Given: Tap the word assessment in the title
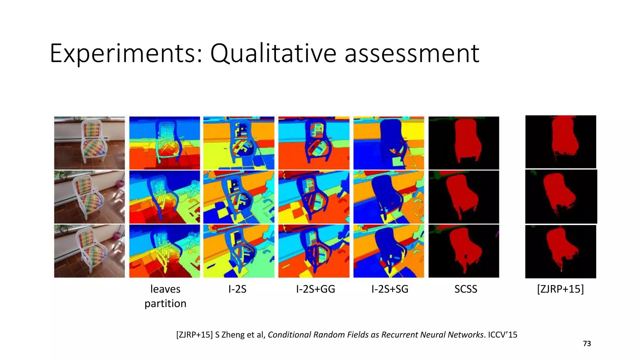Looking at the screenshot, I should pos(412,54).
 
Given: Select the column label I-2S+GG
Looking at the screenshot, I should pos(315,289).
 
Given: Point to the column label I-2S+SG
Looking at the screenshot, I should pos(390,289).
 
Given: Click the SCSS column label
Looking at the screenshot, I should pos(466,289).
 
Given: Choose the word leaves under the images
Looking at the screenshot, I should pos(165,289).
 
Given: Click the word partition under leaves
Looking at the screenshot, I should pos(165,303).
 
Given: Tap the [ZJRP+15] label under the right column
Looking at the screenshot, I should pos(560,289).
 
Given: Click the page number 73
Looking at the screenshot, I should pos(587,344).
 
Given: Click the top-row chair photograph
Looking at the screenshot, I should pos(89,143).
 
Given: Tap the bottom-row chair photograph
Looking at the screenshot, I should pos(89,251).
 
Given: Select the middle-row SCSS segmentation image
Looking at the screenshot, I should pos(464,197).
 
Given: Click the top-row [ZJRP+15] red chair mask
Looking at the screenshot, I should pos(561,142).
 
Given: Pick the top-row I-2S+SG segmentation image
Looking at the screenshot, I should pos(389,143).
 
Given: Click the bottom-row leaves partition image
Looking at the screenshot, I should pos(165,251).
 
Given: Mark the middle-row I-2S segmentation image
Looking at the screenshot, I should pos(239,197).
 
